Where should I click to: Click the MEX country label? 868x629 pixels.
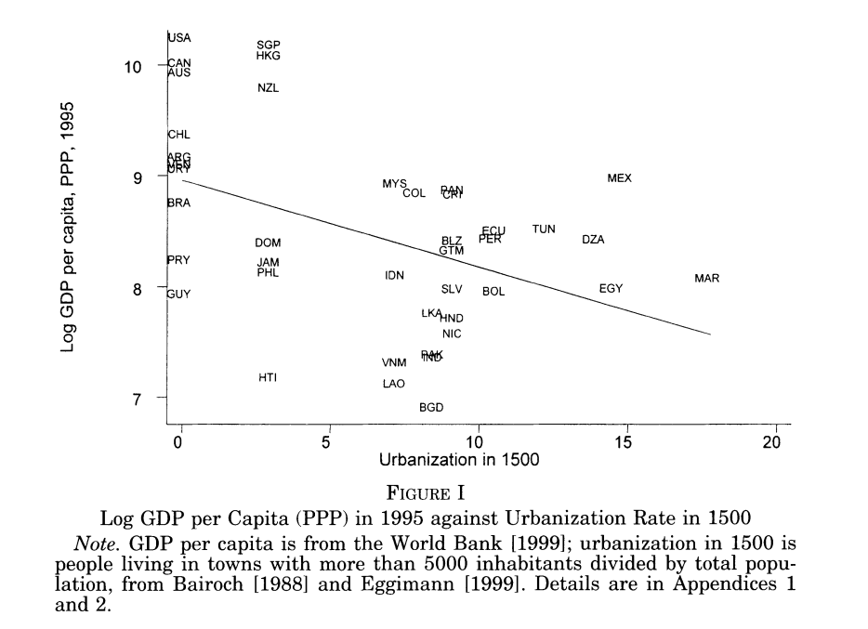click(x=619, y=178)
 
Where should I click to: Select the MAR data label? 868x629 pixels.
click(x=706, y=279)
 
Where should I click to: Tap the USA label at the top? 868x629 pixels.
click(x=179, y=38)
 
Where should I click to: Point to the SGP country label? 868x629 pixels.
click(x=269, y=46)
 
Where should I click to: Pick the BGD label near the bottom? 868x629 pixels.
click(x=431, y=408)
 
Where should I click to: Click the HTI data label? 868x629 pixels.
click(x=268, y=378)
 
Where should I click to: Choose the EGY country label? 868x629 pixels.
click(x=611, y=289)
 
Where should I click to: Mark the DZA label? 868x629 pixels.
click(x=593, y=240)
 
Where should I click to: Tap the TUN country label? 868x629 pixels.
click(x=544, y=229)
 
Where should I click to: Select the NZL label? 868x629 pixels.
click(x=268, y=88)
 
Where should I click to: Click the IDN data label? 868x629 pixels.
click(x=394, y=276)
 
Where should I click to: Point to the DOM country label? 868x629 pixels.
click(x=268, y=243)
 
